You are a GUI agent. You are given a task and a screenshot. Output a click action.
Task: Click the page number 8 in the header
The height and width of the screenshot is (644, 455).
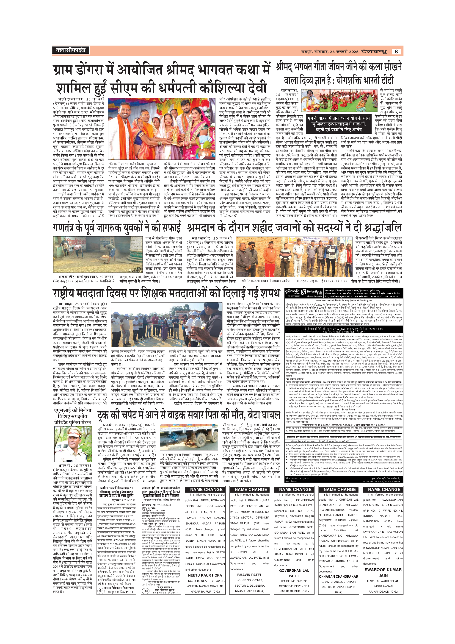pyautogui.click(x=396, y=51)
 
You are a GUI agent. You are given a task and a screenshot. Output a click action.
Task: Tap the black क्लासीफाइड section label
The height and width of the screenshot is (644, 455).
pyautogui.click(x=70, y=50)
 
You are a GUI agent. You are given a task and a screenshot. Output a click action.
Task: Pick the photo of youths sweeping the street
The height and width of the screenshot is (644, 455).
pyautogui.click(x=98, y=254)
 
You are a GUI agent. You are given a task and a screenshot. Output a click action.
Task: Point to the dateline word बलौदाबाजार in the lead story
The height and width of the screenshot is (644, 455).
pyautogui.click(x=71, y=99)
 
